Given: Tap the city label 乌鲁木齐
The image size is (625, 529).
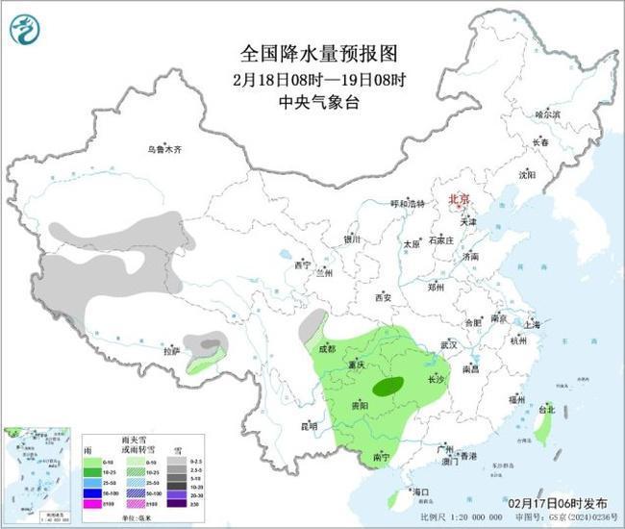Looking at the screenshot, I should pyautogui.click(x=164, y=149).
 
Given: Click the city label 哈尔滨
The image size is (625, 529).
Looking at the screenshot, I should pyautogui.click(x=546, y=113).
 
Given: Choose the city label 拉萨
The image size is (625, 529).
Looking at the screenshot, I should pyautogui.click(x=171, y=352).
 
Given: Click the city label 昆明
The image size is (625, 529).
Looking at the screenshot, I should pyautogui.click(x=307, y=425).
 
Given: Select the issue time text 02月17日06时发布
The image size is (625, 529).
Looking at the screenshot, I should pyautogui.click(x=559, y=502).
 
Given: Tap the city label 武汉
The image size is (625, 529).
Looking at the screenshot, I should pyautogui.click(x=448, y=343).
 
